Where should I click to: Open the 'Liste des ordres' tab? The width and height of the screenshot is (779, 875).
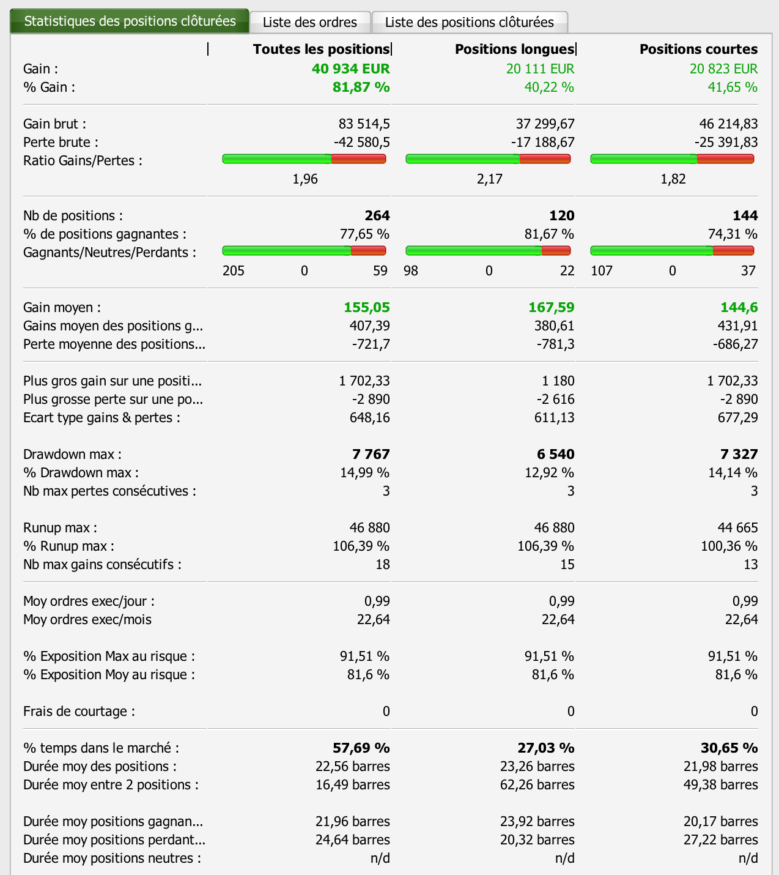[x=310, y=23]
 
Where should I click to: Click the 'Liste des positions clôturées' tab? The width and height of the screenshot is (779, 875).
[x=469, y=23]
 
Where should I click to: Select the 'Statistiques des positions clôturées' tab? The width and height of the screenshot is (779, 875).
[x=130, y=21]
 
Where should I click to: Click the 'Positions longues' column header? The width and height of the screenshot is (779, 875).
[x=514, y=49]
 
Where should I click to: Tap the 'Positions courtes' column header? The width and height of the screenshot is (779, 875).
[x=698, y=49]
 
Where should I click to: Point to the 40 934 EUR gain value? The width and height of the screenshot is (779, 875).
[x=350, y=69]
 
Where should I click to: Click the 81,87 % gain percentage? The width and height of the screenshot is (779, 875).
[x=361, y=87]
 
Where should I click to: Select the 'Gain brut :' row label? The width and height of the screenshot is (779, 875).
[x=54, y=124]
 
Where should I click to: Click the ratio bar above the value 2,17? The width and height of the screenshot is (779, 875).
[x=488, y=159]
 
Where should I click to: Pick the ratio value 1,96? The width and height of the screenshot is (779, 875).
[x=305, y=179]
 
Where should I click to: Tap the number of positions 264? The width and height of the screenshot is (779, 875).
[x=377, y=215]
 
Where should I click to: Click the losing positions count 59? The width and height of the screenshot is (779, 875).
[x=380, y=270]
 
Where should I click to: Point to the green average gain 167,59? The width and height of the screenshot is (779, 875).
[x=551, y=307]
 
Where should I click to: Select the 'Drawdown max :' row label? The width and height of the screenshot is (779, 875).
[x=72, y=454]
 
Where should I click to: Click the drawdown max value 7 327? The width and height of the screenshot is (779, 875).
[x=739, y=454]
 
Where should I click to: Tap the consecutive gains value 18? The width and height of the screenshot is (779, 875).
[x=383, y=564]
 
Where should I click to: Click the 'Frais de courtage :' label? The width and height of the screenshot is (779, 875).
[x=79, y=711]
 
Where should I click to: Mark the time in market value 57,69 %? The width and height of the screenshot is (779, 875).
[x=361, y=748]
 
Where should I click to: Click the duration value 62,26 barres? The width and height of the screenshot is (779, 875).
[x=537, y=784]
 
